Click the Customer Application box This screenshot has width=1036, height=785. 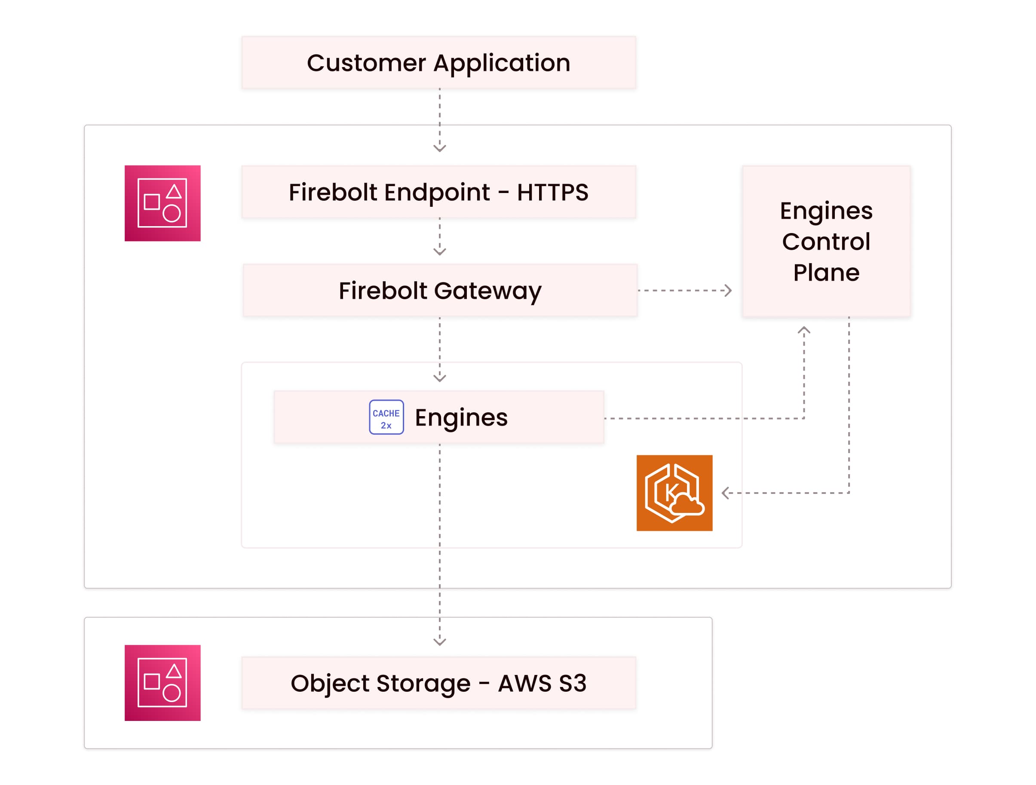(x=439, y=63)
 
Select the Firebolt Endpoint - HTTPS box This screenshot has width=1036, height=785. (x=439, y=192)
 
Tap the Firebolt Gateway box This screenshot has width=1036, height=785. (x=440, y=290)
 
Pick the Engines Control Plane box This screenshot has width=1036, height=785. (x=826, y=241)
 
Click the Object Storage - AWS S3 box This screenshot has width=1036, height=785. (x=439, y=683)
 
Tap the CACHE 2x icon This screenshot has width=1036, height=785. (x=386, y=417)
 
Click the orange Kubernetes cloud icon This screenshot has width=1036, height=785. (x=674, y=493)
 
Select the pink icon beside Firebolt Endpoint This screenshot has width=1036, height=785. (x=162, y=203)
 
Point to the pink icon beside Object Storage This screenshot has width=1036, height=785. (x=162, y=683)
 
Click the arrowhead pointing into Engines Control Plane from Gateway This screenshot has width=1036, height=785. (x=728, y=290)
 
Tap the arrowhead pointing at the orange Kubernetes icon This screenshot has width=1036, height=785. (x=726, y=493)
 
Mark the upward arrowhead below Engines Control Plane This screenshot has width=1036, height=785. (x=804, y=330)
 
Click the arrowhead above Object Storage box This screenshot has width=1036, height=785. (x=440, y=642)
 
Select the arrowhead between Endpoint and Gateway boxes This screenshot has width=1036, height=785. (x=440, y=251)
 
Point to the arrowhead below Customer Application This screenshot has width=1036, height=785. (x=440, y=148)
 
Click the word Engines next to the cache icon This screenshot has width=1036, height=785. (x=461, y=418)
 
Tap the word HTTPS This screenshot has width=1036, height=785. (x=553, y=192)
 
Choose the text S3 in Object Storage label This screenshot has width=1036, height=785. (x=572, y=683)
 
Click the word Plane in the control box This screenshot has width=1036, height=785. (x=827, y=272)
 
